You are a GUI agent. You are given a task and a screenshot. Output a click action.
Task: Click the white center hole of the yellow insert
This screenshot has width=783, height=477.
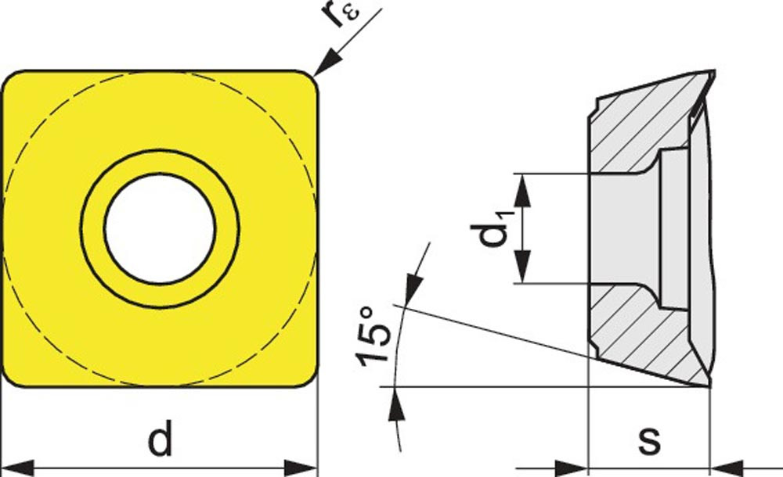[161, 228]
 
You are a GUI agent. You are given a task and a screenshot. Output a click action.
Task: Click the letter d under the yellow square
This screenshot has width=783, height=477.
[161, 438]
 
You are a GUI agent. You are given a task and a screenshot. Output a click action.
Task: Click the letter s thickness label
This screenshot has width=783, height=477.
[649, 440]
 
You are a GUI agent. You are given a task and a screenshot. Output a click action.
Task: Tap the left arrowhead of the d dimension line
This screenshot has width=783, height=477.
[18, 468]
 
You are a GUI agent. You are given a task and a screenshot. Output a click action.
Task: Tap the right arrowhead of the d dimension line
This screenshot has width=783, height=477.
[301, 468]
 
